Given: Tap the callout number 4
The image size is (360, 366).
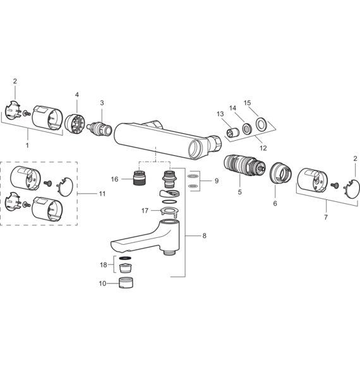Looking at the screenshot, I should coord(76,96).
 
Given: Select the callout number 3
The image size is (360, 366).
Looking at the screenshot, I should coord(101,102).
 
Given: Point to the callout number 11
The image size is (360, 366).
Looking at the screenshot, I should coord(102,194).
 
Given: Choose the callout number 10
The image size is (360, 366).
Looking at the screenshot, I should coord(102,284).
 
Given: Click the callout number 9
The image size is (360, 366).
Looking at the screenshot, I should coord(216,180).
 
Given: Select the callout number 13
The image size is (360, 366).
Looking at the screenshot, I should coord(220,114).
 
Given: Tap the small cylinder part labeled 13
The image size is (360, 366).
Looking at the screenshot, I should coord(231,133).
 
